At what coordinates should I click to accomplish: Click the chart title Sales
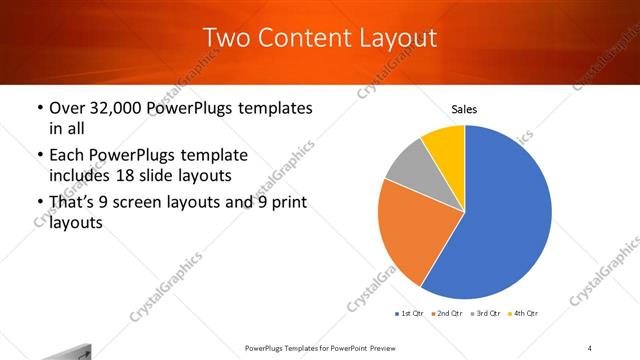click(x=465, y=108)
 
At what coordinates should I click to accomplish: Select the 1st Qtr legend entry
click(x=410, y=314)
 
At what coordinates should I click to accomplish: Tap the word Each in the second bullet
click(x=68, y=156)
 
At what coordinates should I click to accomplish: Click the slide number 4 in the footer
click(x=590, y=347)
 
